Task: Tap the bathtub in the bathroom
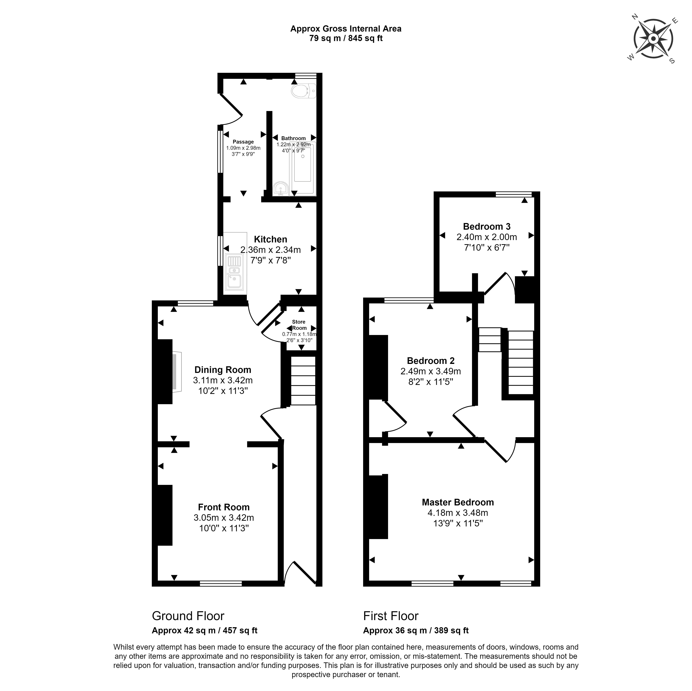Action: pos(303,168)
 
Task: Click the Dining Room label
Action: pos(223,370)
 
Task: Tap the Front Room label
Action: pos(224,507)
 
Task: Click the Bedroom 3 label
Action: pos(487,226)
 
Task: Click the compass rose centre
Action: pos(653,39)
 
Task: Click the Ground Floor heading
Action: pos(188,616)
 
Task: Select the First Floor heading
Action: pos(391,616)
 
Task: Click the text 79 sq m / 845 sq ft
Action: pos(346,38)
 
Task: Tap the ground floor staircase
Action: pos(303,381)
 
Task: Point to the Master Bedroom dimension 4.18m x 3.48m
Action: pos(458,513)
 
